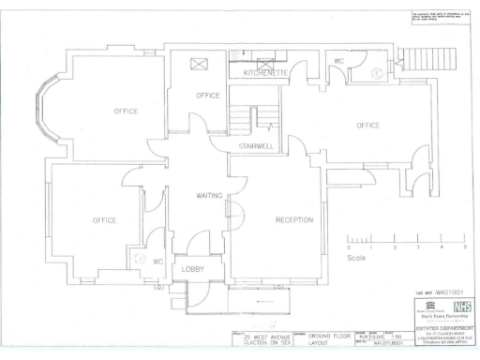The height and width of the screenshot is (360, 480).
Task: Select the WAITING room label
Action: tap(208, 197)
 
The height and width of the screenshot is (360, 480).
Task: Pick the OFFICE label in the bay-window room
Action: tap(126, 112)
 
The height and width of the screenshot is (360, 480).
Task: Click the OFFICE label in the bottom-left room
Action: tap(104, 220)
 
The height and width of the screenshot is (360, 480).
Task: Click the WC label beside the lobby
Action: tap(158, 261)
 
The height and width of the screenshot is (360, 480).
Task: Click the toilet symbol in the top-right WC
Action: tap(375, 69)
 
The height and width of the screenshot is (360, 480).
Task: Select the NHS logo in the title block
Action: tap(460, 306)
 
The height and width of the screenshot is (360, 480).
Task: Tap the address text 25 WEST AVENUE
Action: tap(266, 336)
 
